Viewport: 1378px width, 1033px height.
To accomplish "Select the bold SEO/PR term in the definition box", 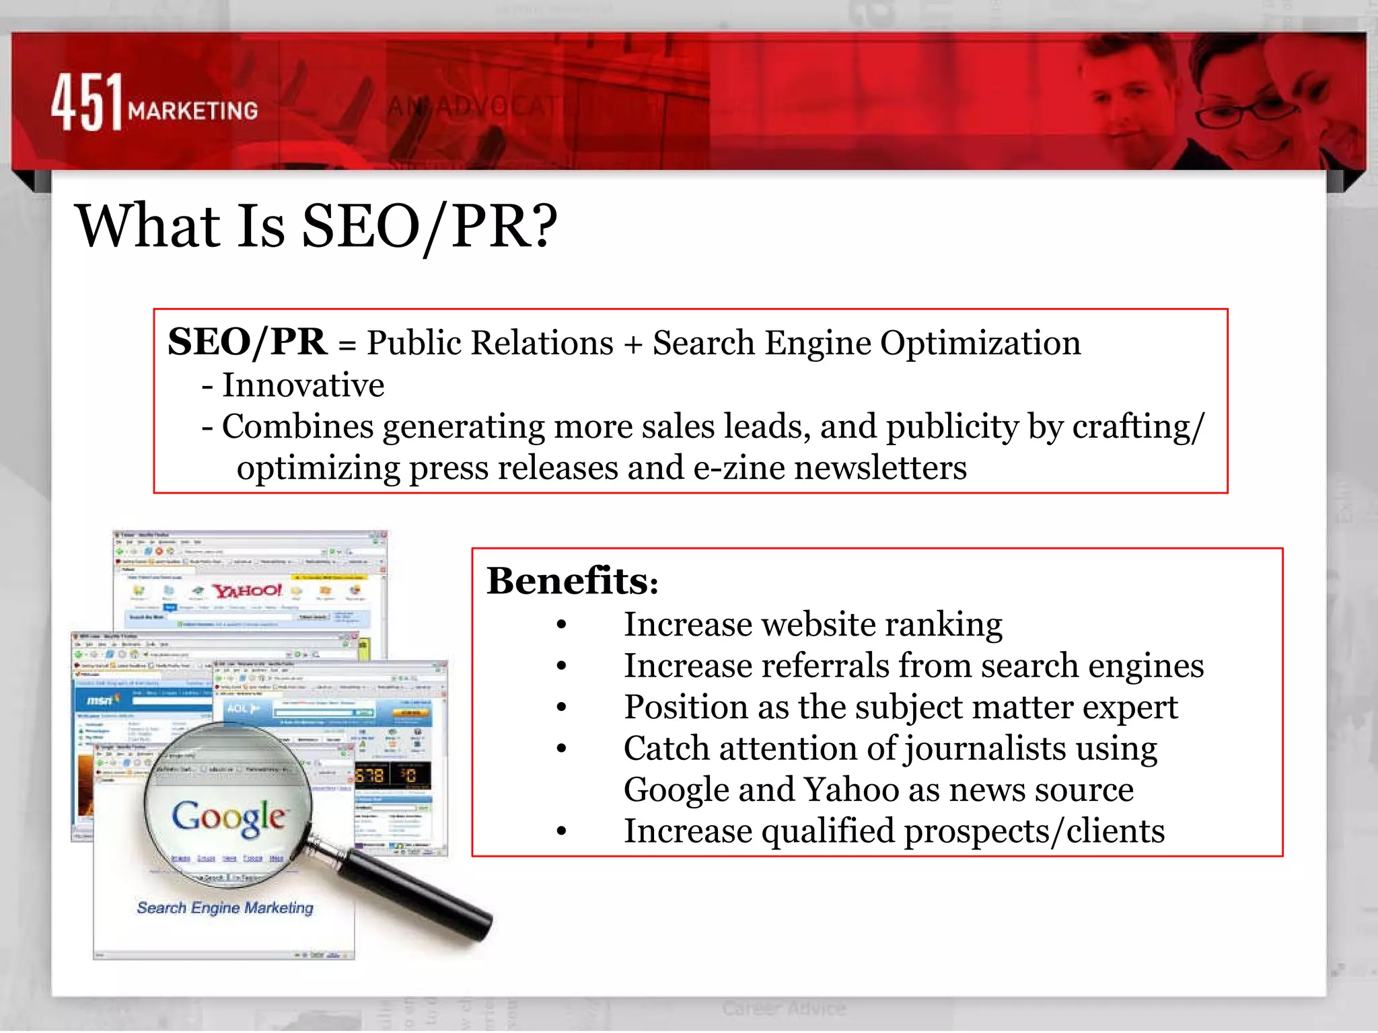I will [247, 342].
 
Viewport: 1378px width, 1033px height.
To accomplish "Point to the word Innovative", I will [303, 385].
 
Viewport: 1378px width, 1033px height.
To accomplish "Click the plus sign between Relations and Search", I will [632, 344].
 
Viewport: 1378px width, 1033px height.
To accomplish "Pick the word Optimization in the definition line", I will [980, 343].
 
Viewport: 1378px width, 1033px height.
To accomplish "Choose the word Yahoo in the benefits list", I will [851, 790].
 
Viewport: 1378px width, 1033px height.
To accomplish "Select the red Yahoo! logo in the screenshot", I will [248, 590].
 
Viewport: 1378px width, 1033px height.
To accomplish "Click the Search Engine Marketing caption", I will [225, 908].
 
